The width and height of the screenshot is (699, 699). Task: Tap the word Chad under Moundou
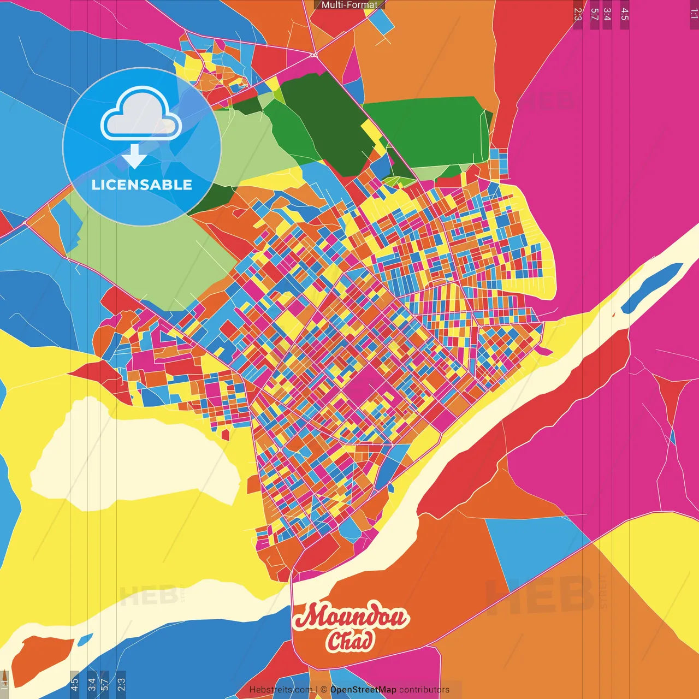click(x=350, y=641)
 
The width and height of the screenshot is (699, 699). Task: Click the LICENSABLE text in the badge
click(x=142, y=185)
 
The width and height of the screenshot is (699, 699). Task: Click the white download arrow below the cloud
click(x=134, y=156)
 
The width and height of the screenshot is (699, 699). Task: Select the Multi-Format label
click(x=349, y=5)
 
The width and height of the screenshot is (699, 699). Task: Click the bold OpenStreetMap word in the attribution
click(x=363, y=690)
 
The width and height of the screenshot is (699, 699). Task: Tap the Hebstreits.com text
click(x=281, y=690)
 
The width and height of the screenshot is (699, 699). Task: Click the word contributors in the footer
click(x=424, y=690)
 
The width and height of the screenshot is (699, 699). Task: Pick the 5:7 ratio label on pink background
click(x=594, y=14)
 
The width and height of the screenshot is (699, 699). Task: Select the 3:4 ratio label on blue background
click(x=92, y=683)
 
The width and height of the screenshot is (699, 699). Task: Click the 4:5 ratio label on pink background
click(x=624, y=14)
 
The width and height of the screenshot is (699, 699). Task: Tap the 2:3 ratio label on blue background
click(x=121, y=683)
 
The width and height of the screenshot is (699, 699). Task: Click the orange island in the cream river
click(x=41, y=659)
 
